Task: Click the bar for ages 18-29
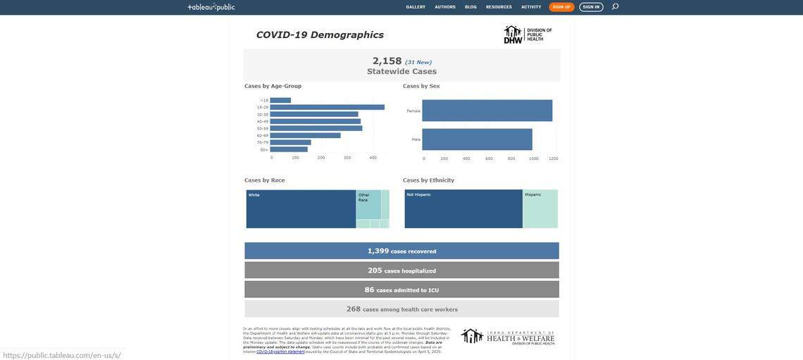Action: click(x=327, y=107)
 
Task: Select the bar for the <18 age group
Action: click(x=280, y=100)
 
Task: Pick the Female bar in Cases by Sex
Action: click(x=487, y=111)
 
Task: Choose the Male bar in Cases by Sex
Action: click(x=477, y=139)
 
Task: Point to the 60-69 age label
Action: click(x=262, y=135)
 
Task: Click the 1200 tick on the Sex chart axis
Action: click(x=554, y=159)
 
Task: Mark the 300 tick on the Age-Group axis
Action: click(x=347, y=158)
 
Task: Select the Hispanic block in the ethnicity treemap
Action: click(x=540, y=209)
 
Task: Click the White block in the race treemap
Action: click(x=301, y=209)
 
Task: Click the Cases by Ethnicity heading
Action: click(x=428, y=180)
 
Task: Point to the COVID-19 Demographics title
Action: click(x=319, y=35)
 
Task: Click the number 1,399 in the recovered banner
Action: click(x=378, y=251)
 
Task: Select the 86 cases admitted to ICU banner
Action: click(x=401, y=290)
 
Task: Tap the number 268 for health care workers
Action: click(x=353, y=309)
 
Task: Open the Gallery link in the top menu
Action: click(x=416, y=7)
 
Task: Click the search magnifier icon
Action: click(x=615, y=6)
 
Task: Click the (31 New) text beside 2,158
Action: click(x=418, y=62)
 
